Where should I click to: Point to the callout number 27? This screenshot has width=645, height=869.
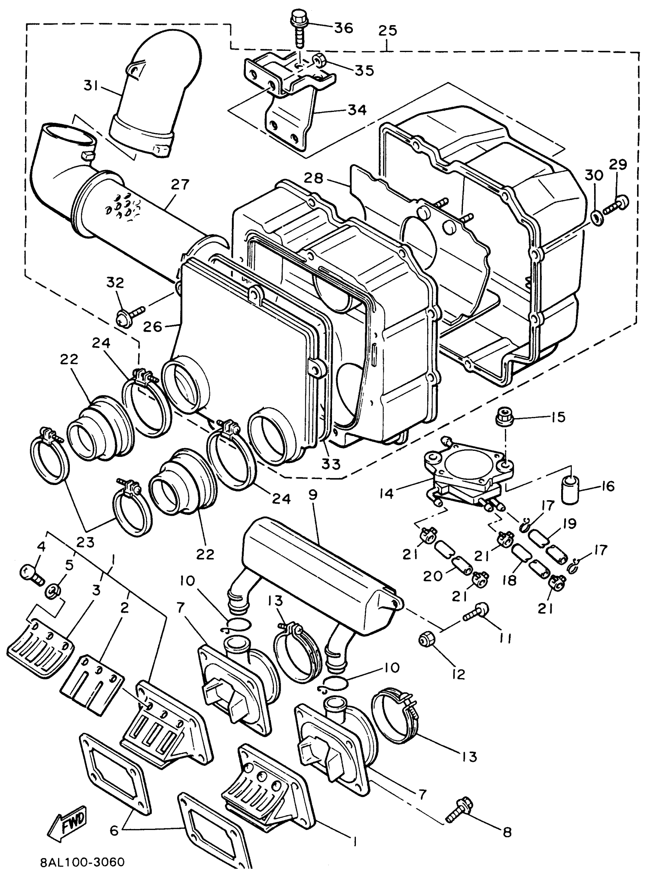tap(180, 185)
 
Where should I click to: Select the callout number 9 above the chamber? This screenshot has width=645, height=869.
tap(313, 495)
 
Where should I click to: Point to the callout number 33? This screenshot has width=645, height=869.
tap(331, 464)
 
